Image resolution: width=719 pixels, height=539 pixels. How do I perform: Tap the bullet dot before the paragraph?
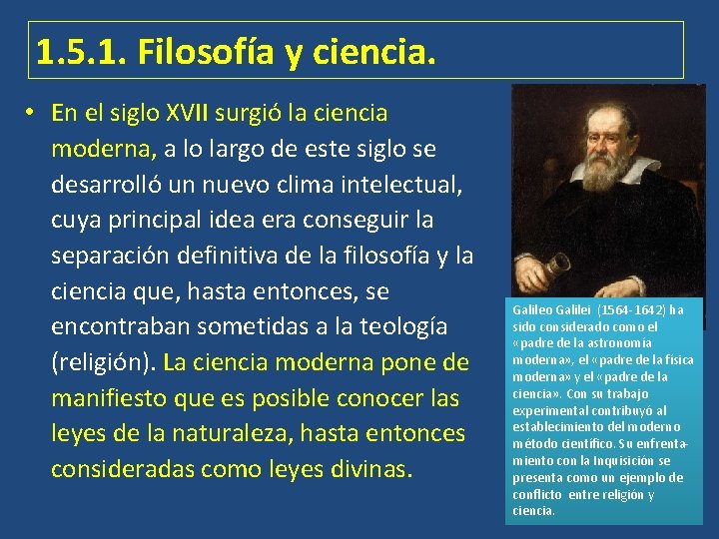tap(33, 112)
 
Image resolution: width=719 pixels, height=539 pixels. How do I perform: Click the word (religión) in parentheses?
tap(103, 362)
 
